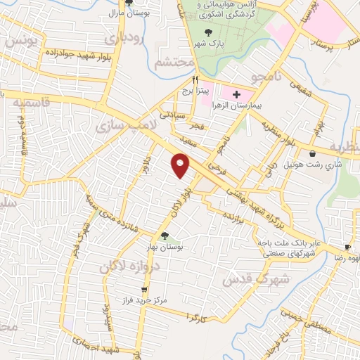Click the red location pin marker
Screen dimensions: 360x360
point(181,165)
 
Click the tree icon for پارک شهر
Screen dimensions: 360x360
point(207,32)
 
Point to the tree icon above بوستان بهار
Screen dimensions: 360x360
point(165,236)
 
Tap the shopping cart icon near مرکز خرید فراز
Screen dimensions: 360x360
point(145,289)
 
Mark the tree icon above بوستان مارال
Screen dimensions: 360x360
point(129,4)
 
